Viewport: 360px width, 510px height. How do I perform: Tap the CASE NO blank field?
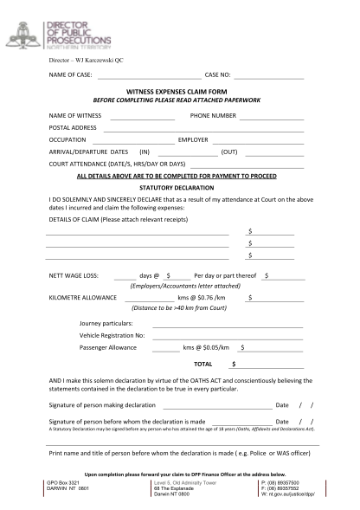(x=272, y=80)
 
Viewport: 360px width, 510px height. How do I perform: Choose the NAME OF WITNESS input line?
(x=143, y=117)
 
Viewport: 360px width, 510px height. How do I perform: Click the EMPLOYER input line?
(x=259, y=141)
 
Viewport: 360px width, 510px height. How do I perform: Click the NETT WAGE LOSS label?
(x=74, y=274)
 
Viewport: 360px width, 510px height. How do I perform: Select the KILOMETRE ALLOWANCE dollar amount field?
(x=277, y=298)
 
